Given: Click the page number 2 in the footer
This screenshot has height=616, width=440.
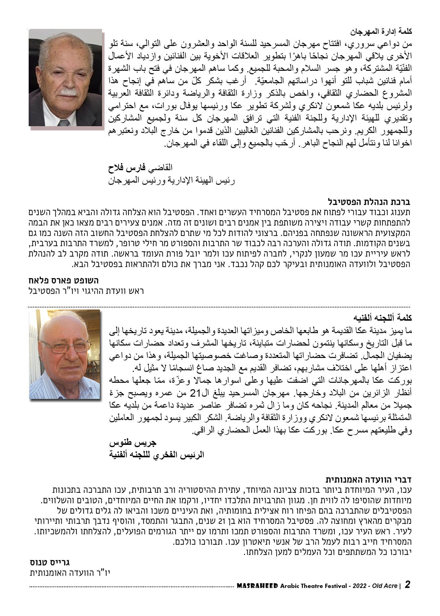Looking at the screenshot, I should [408, 585].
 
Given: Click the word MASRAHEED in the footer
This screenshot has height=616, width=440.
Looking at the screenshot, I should [258, 586].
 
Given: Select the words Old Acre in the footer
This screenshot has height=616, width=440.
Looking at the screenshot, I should [386, 586].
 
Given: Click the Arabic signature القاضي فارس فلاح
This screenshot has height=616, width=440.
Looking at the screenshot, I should [140, 168].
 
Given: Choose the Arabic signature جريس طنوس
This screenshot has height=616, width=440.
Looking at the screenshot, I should [132, 443].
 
